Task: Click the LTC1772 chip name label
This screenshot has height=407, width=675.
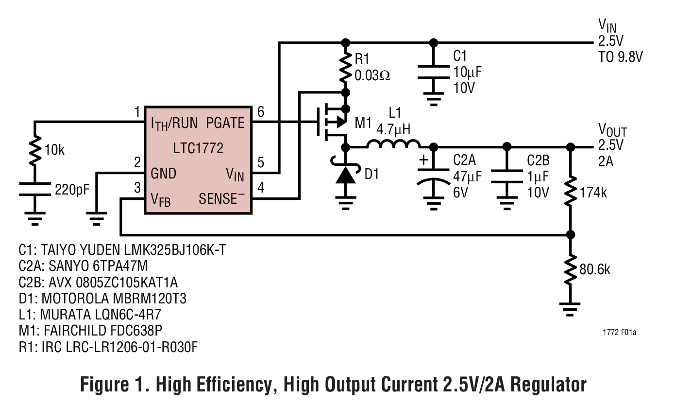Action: point(198,148)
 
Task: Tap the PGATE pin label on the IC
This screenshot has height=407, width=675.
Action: point(225,123)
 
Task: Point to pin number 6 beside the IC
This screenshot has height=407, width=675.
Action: point(261,113)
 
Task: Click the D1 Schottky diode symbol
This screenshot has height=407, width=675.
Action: point(345,175)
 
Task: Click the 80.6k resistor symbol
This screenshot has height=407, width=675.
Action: point(571,269)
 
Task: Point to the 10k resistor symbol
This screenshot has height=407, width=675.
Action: point(34,151)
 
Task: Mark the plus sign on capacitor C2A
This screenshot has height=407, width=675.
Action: point(424,160)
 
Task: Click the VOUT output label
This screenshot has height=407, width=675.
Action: point(612,131)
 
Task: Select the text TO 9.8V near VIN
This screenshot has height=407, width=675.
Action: point(620,57)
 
